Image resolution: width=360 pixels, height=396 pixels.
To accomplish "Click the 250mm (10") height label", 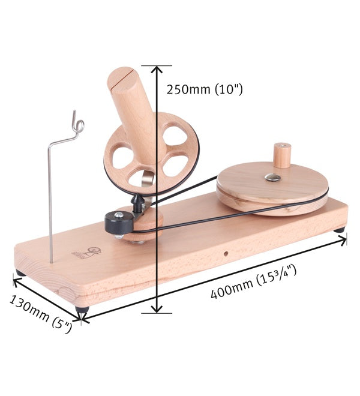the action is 205,89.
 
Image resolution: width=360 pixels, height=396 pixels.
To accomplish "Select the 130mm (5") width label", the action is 41,314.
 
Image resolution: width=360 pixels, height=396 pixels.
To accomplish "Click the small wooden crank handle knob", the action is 282,155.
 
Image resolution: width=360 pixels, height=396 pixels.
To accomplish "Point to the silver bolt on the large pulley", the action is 272,177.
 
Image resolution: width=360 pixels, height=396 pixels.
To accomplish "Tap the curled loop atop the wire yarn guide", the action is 78,124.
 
